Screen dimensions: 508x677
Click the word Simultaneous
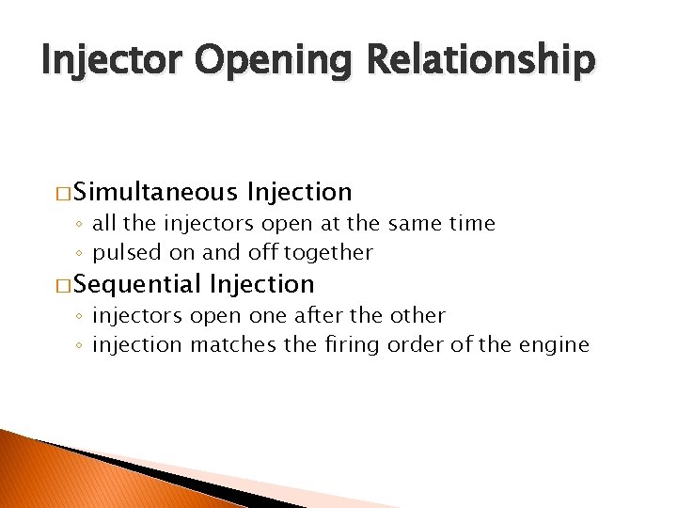click(x=155, y=193)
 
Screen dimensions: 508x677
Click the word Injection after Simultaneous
click(x=298, y=193)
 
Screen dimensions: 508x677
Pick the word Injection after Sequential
click(x=262, y=283)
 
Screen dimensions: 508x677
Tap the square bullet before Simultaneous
click(x=63, y=194)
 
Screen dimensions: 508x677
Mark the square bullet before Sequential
click(x=63, y=284)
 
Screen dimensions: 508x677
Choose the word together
click(x=328, y=253)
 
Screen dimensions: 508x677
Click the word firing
click(x=346, y=345)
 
